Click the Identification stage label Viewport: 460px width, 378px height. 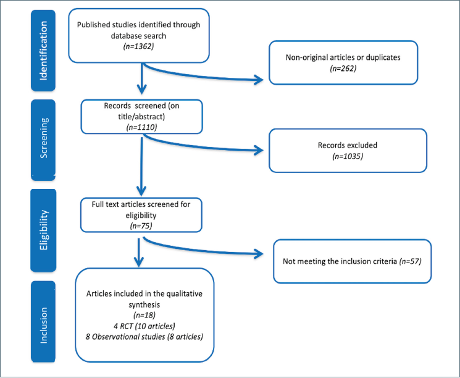43,51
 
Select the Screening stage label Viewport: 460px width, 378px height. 43,138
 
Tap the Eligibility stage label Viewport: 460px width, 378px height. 43,230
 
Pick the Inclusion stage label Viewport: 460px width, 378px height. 43,325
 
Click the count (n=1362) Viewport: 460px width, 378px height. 138,46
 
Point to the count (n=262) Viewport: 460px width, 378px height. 343,69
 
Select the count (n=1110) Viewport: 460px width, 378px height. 141,127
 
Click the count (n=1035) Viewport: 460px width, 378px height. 348,156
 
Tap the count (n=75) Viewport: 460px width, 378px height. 141,226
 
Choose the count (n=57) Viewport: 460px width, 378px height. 410,261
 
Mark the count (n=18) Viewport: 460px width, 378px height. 144,315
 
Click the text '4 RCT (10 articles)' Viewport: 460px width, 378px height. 144,326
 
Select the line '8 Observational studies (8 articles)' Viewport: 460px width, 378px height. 144,337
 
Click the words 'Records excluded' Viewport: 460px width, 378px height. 348,145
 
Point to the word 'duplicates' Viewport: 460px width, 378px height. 383,57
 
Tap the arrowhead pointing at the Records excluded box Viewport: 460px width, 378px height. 259,150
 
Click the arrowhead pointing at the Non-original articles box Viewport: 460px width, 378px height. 259,80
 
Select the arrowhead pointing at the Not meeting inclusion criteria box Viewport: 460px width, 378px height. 259,254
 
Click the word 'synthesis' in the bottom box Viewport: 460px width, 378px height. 144,304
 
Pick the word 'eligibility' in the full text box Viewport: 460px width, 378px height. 141,216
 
